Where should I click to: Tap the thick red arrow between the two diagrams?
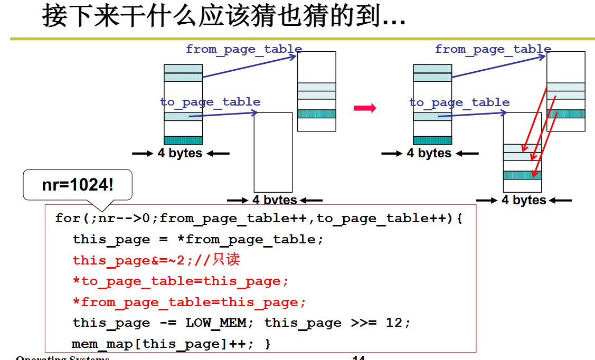click(x=365, y=108)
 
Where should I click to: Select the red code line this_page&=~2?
click(x=157, y=260)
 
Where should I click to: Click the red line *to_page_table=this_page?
click(x=181, y=281)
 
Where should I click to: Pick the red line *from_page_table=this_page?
click(x=189, y=302)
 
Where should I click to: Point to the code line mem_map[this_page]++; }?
click(x=171, y=344)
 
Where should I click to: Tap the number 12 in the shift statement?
click(x=394, y=323)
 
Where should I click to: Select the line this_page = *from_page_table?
click(x=197, y=239)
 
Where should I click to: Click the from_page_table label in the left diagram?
click(x=243, y=49)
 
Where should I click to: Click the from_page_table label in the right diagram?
click(x=493, y=49)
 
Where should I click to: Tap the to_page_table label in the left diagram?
click(x=210, y=101)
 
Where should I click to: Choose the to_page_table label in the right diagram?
click(x=459, y=102)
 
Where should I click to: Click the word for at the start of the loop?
click(x=68, y=218)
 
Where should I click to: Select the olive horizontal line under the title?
click(x=301, y=39)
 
